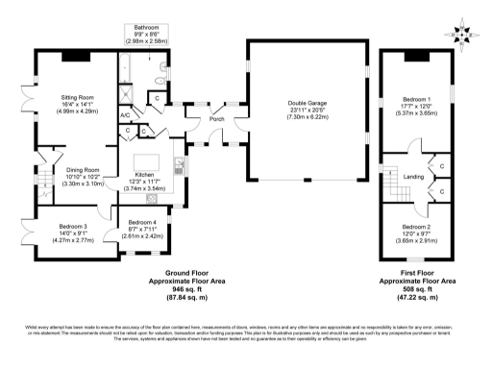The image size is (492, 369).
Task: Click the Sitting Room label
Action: (x=79, y=97)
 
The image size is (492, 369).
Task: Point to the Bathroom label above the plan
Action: (x=147, y=28)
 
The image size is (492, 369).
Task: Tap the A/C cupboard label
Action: (x=125, y=115)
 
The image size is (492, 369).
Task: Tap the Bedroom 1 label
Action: (x=416, y=99)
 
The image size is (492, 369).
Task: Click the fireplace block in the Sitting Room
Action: (x=78, y=55)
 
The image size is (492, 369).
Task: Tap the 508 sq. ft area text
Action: (x=416, y=285)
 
